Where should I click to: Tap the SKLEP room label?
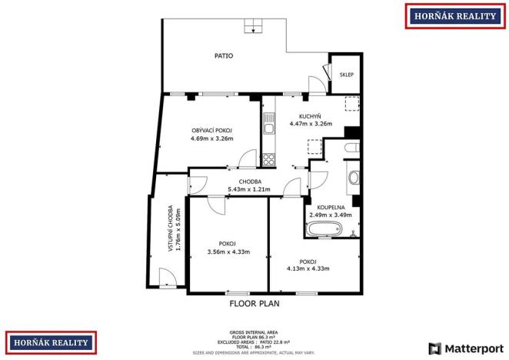click(x=347, y=75)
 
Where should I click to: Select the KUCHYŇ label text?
click(x=310, y=115)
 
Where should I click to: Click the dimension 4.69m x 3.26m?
click(x=212, y=138)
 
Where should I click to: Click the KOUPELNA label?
click(x=331, y=207)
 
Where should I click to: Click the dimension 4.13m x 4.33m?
click(x=308, y=268)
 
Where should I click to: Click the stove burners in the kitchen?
click(x=268, y=160)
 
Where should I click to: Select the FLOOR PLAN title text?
click(x=254, y=304)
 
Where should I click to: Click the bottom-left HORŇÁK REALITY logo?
click(x=52, y=342)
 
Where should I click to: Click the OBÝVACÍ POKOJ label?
click(x=212, y=130)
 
